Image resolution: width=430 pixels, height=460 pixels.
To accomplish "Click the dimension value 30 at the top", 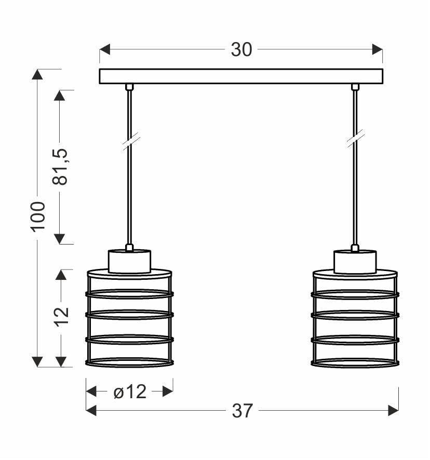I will pyautogui.click(x=241, y=49).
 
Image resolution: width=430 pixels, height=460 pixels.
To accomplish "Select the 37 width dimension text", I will pyautogui.click(x=242, y=411).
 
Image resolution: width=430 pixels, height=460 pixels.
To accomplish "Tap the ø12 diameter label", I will pyautogui.click(x=130, y=392).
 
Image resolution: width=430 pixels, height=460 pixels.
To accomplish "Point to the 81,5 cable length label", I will pyautogui.click(x=61, y=167).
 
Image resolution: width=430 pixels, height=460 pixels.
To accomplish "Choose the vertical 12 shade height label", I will pyautogui.click(x=61, y=316).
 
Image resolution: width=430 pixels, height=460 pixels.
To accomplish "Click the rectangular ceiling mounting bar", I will pyautogui.click(x=241, y=76).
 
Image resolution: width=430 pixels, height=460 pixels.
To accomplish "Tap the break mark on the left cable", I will pyautogui.click(x=130, y=142).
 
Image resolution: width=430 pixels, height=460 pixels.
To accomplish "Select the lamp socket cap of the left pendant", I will pyautogui.click(x=129, y=261).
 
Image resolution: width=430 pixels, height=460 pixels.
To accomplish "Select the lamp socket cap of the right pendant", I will pyautogui.click(x=355, y=261).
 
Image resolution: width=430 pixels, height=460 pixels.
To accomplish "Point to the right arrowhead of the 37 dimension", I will pyautogui.click(x=393, y=411).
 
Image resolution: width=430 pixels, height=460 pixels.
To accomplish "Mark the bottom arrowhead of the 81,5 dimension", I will pyautogui.click(x=60, y=238).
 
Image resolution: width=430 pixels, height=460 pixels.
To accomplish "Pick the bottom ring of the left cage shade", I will pyautogui.click(x=129, y=363).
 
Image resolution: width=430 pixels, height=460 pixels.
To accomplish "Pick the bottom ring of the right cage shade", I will pyautogui.click(x=355, y=363).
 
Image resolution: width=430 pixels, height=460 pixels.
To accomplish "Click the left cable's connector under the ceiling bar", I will pyautogui.click(x=129, y=87).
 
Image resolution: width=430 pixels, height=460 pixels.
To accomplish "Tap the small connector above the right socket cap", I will pyautogui.click(x=355, y=248).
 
